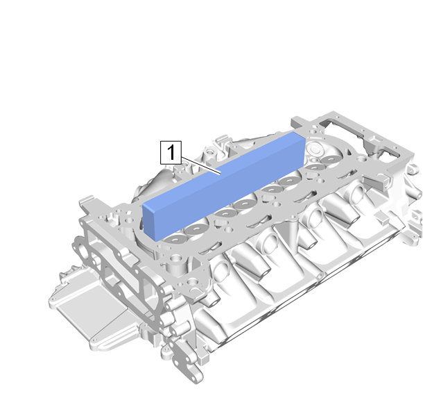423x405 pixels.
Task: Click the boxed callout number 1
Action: (171, 152)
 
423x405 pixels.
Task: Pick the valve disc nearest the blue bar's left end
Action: (175, 240)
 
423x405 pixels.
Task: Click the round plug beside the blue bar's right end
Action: (315, 149)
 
